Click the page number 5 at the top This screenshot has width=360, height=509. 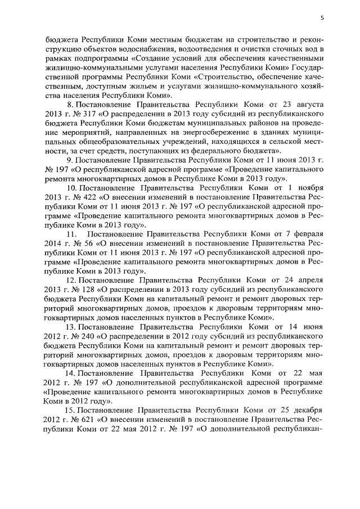[x=322, y=17]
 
